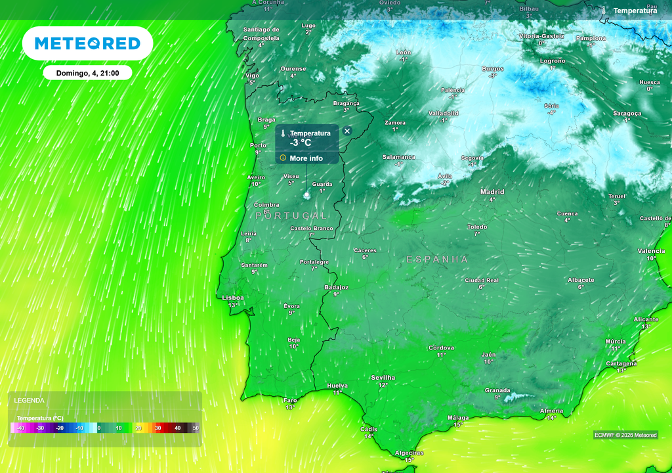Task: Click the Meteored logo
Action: [x=87, y=43]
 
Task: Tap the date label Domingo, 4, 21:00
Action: [x=87, y=73]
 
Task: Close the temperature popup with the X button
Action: [x=347, y=131]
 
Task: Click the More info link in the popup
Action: [x=306, y=158]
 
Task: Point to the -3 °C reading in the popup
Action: [x=301, y=143]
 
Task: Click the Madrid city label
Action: [x=492, y=192]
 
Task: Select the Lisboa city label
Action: [x=233, y=298]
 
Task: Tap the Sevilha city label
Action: [x=383, y=378]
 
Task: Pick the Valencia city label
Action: [x=651, y=251]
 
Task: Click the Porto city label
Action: [x=259, y=145]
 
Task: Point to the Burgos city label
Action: [x=492, y=68]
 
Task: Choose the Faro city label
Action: [x=290, y=400]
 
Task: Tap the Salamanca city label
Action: [x=399, y=157]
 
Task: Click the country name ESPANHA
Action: [x=437, y=259]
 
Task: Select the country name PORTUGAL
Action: [x=291, y=215]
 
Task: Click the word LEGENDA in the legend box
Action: [x=30, y=400]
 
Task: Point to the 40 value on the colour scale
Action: [x=177, y=428]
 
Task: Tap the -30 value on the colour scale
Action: [x=40, y=428]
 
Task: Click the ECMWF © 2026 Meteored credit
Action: [x=625, y=435]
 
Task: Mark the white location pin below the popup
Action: [x=307, y=195]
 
